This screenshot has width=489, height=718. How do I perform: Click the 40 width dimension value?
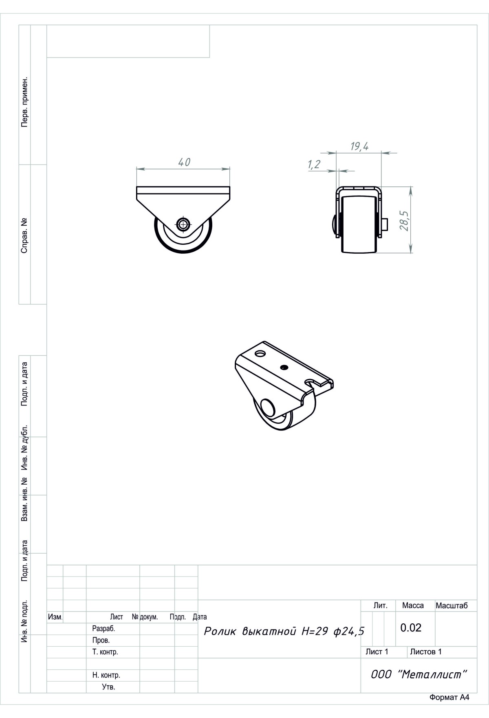[184, 162]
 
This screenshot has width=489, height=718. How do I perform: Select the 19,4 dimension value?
[359, 146]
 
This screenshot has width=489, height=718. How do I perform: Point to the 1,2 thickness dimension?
[314, 164]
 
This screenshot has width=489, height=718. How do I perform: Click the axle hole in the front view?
[183, 223]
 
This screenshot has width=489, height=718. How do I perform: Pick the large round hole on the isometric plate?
[260, 352]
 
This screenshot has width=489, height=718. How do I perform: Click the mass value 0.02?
[411, 627]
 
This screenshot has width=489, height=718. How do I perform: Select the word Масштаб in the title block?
[452, 606]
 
